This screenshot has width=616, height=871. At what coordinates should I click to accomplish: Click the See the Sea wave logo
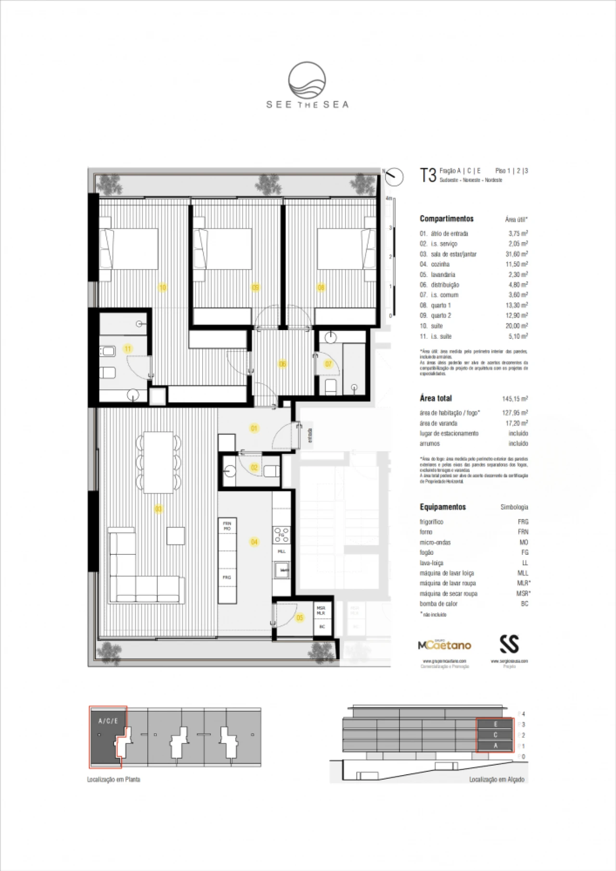[x=307, y=80]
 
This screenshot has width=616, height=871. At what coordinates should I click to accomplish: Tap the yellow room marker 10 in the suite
[x=163, y=287]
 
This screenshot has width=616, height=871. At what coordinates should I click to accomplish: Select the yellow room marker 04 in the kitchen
[x=254, y=542]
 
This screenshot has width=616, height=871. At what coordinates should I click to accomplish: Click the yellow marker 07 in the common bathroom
[x=328, y=364]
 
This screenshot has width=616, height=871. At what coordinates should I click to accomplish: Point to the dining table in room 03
[x=158, y=462]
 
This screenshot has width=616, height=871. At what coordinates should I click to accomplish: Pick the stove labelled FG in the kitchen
[x=282, y=535]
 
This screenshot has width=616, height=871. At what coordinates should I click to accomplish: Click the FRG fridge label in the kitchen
[x=227, y=577]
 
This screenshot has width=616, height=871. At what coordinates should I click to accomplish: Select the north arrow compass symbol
[x=395, y=176]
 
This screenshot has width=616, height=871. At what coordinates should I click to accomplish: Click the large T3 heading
[x=428, y=175]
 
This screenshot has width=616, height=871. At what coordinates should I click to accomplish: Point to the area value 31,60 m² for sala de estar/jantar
[x=516, y=254]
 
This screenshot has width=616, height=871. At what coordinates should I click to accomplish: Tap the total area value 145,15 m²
[x=514, y=398]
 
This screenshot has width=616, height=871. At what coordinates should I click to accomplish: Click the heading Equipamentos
[x=443, y=507]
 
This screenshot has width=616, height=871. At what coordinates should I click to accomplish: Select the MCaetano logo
[x=444, y=645]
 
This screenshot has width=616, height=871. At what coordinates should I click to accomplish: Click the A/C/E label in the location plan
[x=108, y=721]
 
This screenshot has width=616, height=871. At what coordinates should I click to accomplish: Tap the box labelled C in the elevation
[x=495, y=735]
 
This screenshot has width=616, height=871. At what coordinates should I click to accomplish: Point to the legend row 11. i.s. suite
[x=436, y=336]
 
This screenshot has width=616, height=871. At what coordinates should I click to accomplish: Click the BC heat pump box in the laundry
[x=322, y=627]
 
